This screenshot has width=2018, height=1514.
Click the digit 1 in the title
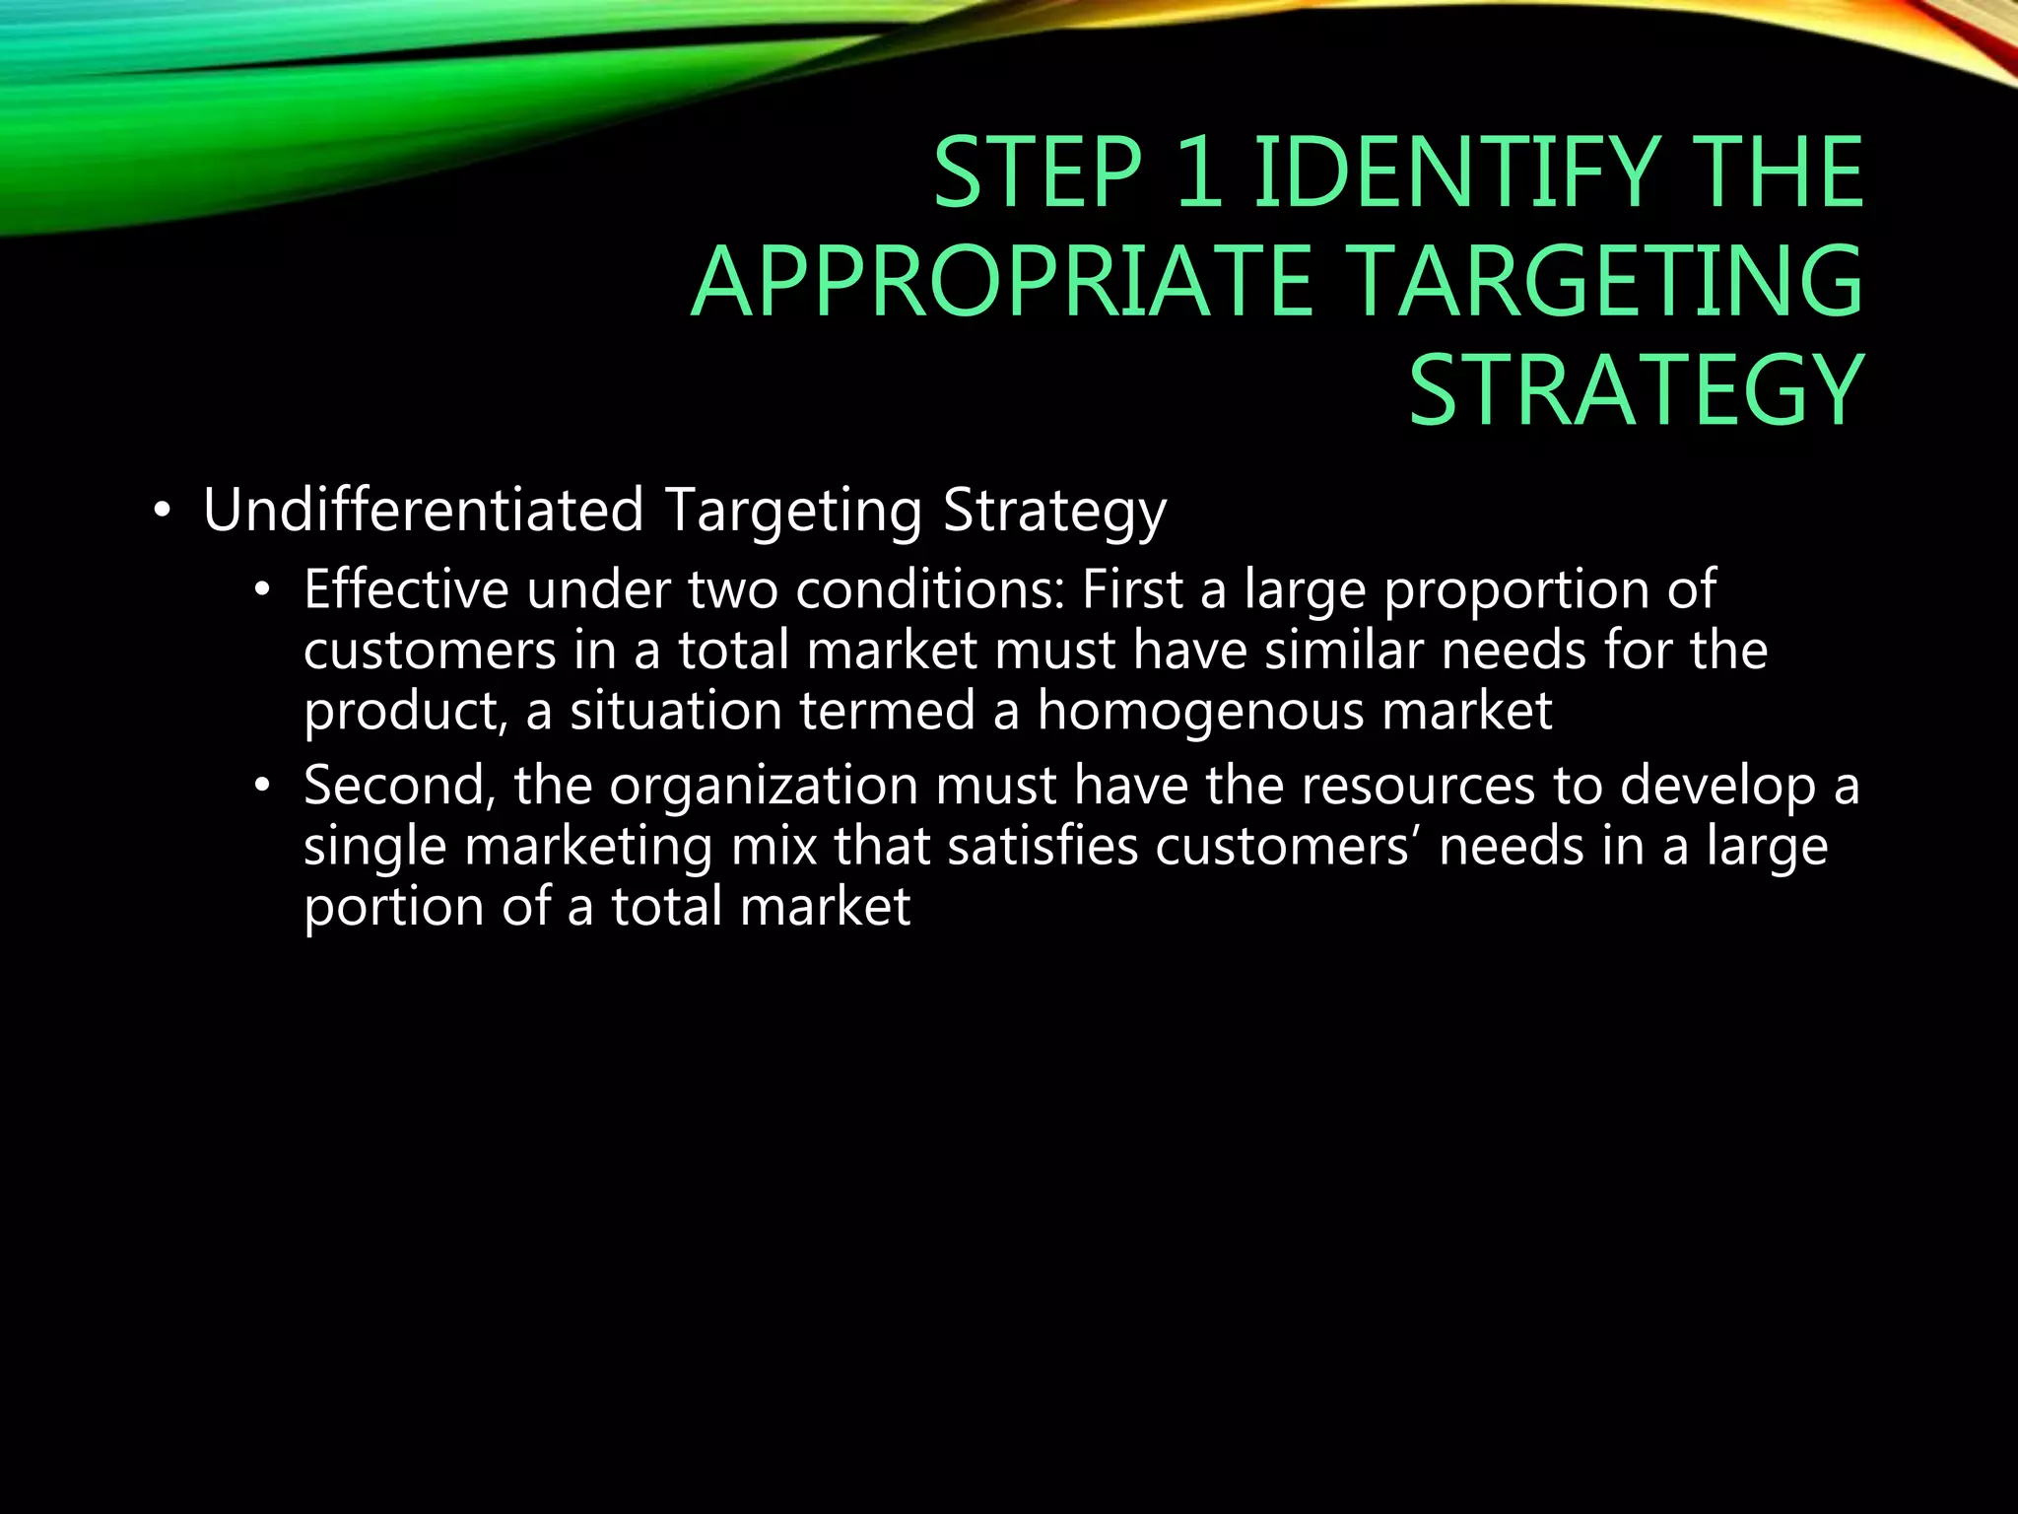click(x=1198, y=173)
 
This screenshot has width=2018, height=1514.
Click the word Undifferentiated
click(x=424, y=511)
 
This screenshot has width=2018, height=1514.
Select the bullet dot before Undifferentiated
click(x=162, y=513)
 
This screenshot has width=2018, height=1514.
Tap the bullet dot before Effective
click(x=261, y=591)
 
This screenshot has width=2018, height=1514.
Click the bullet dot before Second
click(x=261, y=787)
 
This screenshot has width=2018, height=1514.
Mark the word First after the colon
click(x=1132, y=590)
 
